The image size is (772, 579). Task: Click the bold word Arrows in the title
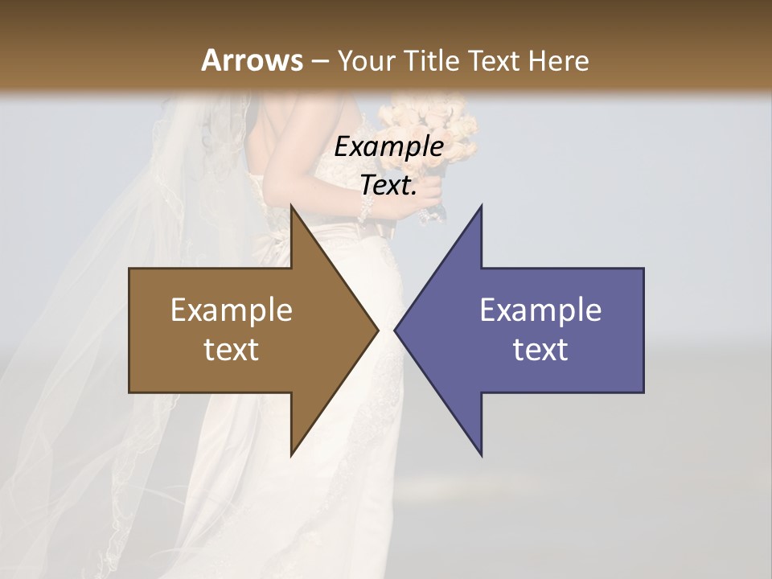point(252,60)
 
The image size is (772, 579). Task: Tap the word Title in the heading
point(431,60)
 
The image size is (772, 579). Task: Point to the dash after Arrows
point(320,61)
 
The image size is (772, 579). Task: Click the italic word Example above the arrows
point(388,147)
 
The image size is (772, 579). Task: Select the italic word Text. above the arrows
point(388,186)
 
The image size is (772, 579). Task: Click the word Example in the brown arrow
point(231,310)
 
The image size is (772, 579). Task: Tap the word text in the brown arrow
point(231,350)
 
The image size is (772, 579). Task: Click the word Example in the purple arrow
point(540,310)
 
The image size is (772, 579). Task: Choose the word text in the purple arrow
point(540,350)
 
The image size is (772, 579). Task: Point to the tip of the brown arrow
point(378,330)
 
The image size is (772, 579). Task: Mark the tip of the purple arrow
point(395,330)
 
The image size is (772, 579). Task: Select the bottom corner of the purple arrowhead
point(481,455)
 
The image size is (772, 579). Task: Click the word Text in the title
point(493,60)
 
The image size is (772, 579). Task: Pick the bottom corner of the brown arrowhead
point(291,455)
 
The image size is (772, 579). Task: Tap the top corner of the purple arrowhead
point(481,207)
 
